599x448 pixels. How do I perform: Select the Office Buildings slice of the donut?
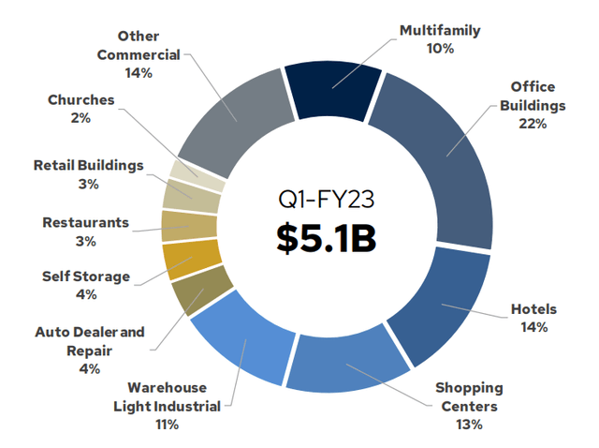(x=443, y=153)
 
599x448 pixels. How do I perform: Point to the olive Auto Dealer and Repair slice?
(x=199, y=290)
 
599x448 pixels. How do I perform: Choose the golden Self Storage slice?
(x=190, y=260)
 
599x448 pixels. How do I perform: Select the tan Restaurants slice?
(x=189, y=227)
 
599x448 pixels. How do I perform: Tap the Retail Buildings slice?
(x=192, y=198)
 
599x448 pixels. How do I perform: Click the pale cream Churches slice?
(x=197, y=175)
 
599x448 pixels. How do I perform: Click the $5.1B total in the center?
(x=327, y=238)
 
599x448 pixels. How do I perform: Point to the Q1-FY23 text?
(x=327, y=199)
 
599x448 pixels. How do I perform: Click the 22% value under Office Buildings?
(x=533, y=124)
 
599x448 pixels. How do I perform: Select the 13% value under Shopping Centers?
(x=469, y=425)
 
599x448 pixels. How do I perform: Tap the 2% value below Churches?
(x=80, y=118)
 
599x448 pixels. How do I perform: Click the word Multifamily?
(x=440, y=31)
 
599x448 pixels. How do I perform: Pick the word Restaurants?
(x=85, y=222)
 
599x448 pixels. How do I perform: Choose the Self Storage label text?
(x=86, y=276)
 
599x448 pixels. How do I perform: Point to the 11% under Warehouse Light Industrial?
(x=167, y=425)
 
